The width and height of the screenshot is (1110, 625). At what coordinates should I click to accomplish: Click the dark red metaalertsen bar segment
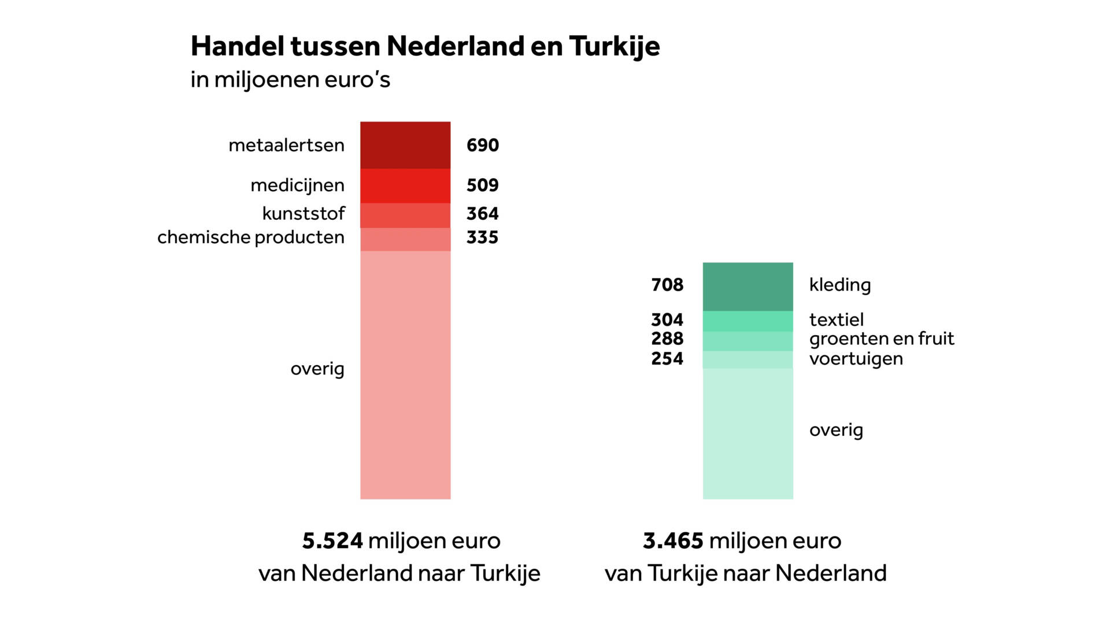pos(405,145)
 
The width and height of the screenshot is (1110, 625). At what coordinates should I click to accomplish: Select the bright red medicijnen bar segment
pos(405,185)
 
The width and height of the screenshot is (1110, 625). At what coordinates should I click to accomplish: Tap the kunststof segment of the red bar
pos(405,215)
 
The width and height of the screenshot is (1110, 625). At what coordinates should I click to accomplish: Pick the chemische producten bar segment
pos(405,239)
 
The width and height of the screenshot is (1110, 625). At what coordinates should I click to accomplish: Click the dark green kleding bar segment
pos(748,286)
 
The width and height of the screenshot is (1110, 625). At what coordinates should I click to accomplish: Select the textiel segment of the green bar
pos(748,321)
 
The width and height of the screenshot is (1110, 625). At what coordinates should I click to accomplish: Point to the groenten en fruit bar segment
pos(748,341)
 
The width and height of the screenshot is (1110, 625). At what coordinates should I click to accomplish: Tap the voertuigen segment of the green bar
pos(748,359)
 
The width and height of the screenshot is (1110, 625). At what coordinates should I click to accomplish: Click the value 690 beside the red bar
pos(482,145)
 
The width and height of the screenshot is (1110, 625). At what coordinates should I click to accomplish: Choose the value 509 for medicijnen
pos(482,185)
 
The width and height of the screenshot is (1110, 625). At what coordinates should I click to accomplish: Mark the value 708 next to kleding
pos(667,285)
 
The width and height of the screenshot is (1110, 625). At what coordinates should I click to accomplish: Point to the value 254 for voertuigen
pos(667,359)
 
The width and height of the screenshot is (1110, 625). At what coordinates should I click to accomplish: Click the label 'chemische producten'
pos(251,237)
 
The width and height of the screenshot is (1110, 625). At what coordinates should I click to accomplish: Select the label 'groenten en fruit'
pos(881,339)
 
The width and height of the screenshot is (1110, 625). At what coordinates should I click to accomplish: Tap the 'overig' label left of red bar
pos(317,369)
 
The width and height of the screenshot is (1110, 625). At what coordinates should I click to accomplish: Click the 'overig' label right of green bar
pos(836,430)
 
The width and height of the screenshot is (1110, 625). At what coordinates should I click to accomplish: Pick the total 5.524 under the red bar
pos(332,541)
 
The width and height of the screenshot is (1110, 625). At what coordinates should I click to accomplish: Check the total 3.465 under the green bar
pos(673,541)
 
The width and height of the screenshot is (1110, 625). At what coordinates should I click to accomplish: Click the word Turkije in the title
pos(614,46)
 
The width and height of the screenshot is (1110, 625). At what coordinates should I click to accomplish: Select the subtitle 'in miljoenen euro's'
pos(290,80)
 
